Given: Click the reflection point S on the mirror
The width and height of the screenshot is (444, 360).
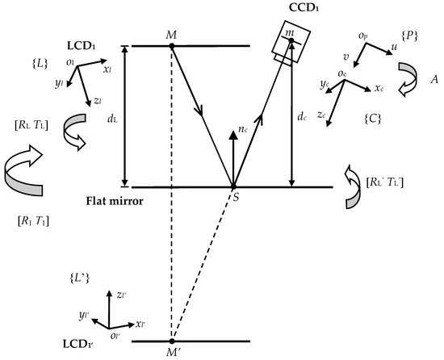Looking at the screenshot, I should coord(234,187).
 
